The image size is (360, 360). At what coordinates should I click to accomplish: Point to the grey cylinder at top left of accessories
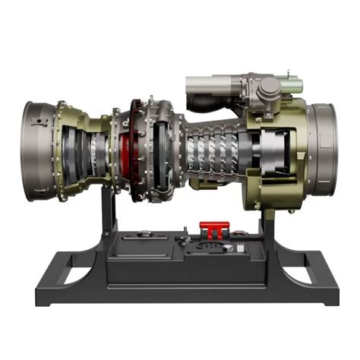tap(205, 83)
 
